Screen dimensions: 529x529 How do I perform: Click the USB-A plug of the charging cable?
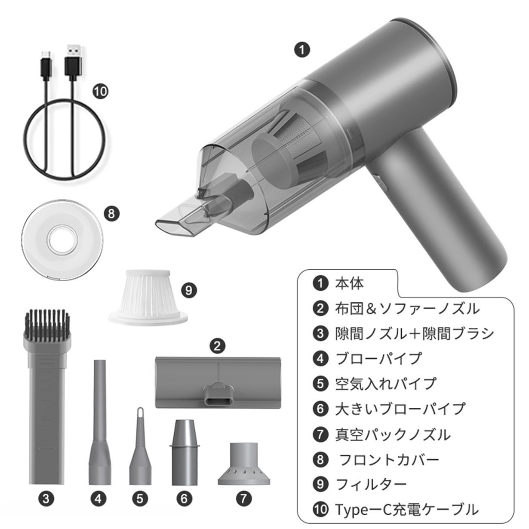(73, 62)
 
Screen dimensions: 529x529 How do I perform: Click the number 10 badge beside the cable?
(100, 92)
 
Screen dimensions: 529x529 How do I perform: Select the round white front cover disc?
(62, 240)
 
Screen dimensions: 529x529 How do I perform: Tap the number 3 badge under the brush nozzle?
(46, 498)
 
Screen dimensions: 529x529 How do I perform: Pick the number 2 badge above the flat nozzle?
(217, 346)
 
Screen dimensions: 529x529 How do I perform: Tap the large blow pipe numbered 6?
(184, 452)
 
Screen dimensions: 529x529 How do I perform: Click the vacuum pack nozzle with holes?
(244, 464)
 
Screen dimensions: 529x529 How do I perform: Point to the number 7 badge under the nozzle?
(243, 498)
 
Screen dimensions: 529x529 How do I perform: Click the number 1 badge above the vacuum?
(302, 50)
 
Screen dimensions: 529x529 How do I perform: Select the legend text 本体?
(349, 283)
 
